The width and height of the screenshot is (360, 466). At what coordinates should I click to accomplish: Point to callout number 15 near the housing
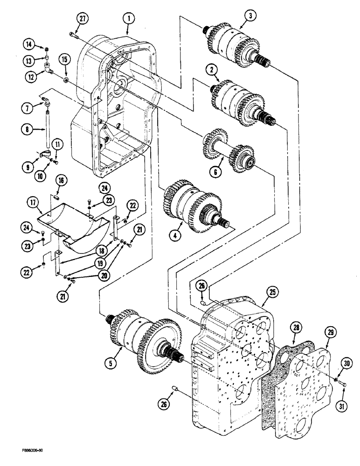65,59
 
